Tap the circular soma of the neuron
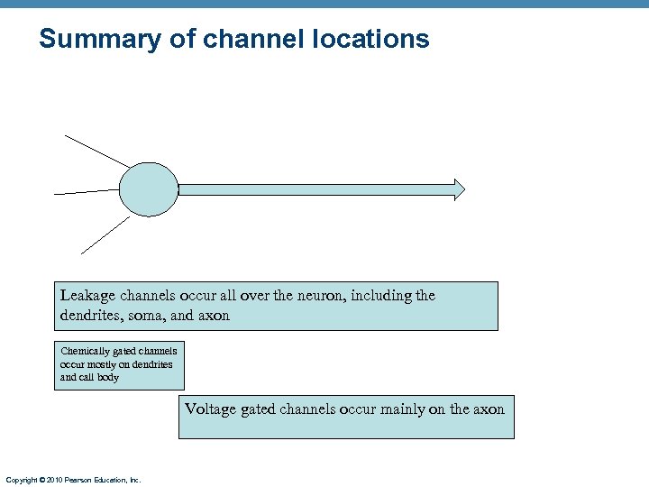coord(149,189)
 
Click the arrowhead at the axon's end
coord(459,189)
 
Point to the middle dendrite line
coord(87,191)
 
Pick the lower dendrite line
coord(105,235)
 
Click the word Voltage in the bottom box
coord(210,409)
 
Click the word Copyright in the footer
coord(20,480)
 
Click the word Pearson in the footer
coord(76,480)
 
